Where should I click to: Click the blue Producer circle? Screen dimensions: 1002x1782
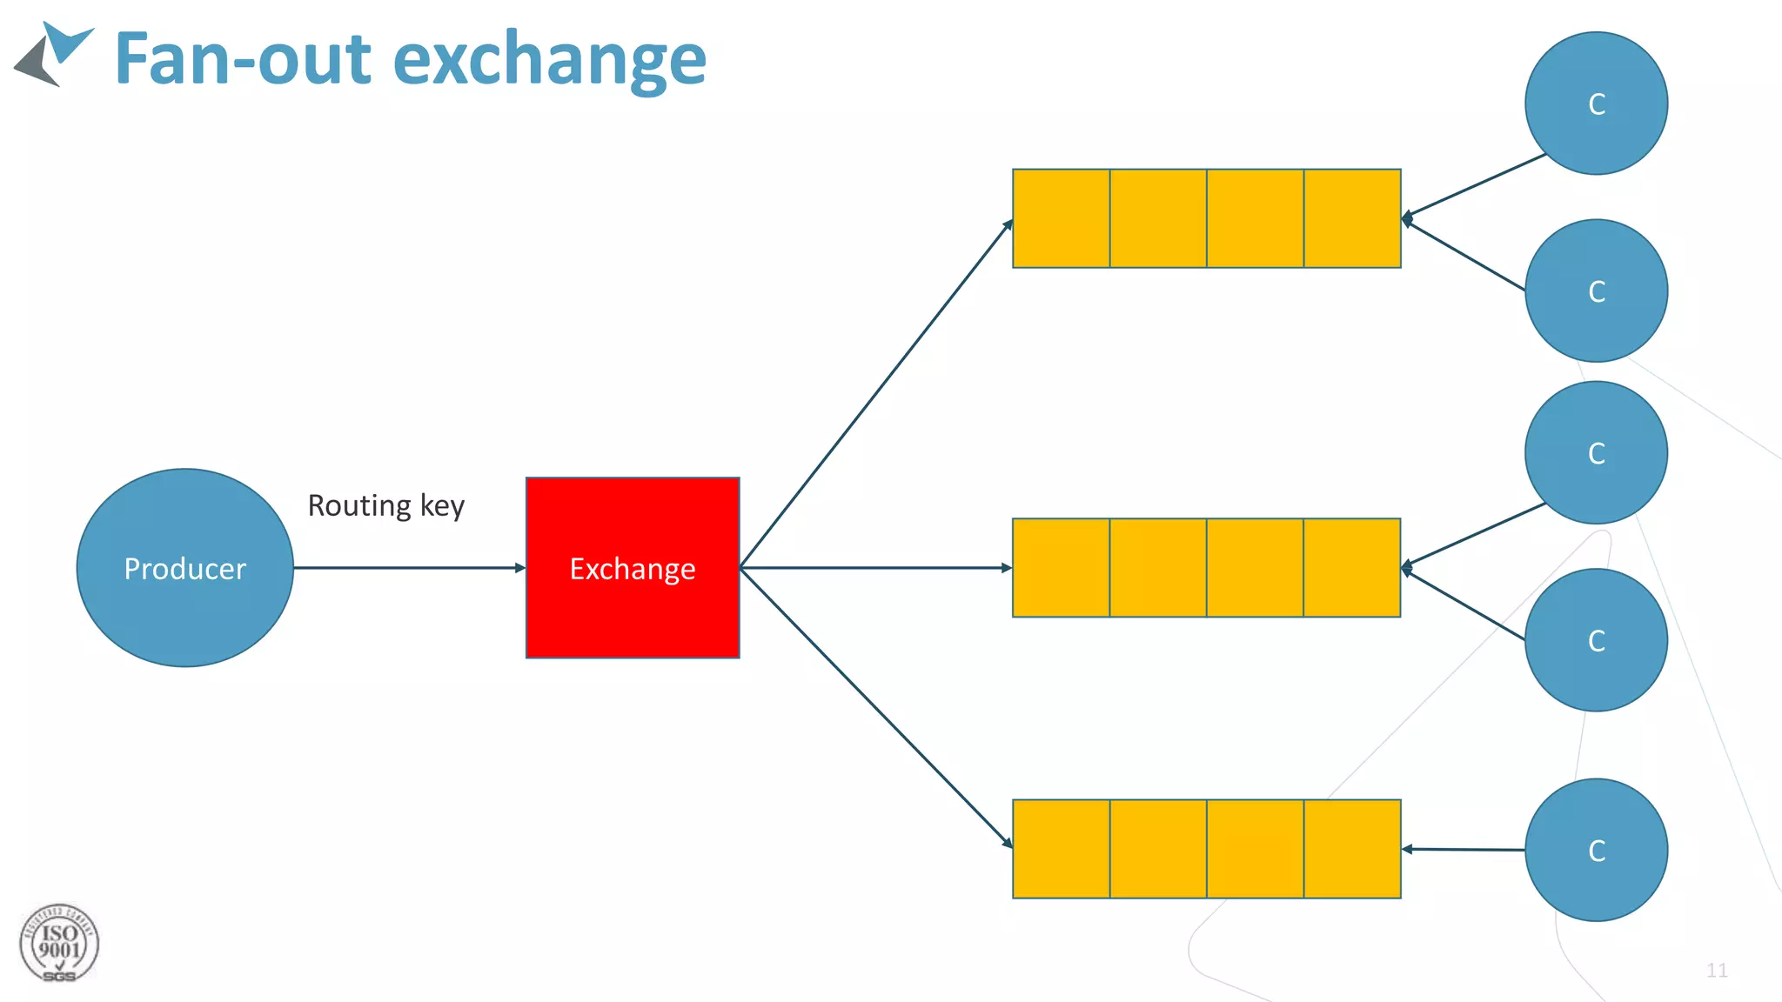184,568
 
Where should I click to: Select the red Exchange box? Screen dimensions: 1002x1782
633,568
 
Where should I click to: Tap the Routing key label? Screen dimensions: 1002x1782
386,505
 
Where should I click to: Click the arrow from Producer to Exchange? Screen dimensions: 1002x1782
409,568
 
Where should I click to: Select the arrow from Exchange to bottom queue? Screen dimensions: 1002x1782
875,705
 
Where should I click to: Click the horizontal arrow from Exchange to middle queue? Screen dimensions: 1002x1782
875,568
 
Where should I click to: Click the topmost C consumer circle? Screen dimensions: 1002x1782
1596,104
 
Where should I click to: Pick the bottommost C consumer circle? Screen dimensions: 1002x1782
1596,850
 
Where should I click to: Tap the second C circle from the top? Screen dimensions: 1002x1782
1596,291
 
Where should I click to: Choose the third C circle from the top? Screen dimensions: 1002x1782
1596,452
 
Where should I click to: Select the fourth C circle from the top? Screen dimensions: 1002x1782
1596,640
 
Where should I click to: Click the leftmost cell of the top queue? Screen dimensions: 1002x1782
1062,218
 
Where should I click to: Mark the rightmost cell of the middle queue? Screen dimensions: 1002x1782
1352,568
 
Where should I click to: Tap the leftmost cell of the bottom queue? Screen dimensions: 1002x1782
1062,849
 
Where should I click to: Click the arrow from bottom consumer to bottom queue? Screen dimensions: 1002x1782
1464,849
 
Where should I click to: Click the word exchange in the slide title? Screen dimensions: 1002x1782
550,59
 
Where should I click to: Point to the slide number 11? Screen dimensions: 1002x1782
1717,970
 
